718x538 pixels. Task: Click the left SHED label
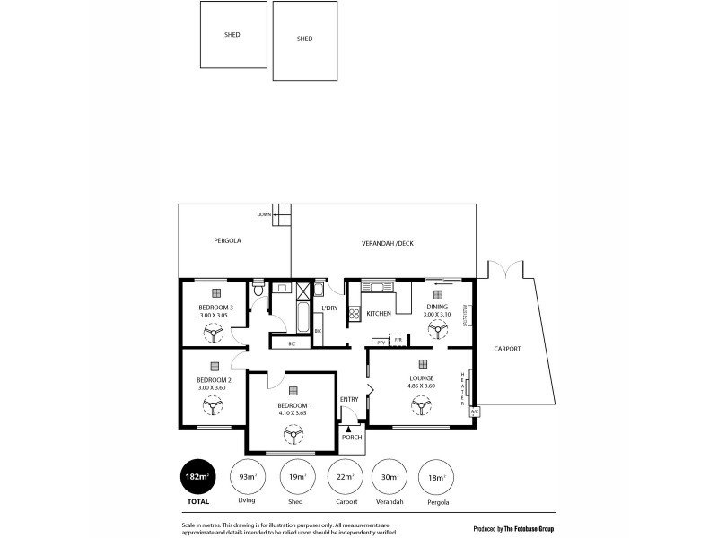232,35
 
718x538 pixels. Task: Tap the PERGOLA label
228,241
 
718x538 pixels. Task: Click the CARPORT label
507,348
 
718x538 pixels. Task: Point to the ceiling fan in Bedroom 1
293,436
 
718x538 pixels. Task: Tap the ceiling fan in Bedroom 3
215,333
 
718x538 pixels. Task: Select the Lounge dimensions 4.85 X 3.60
421,386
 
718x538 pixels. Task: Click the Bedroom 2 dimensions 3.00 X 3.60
215,386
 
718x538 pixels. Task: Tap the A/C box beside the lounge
475,412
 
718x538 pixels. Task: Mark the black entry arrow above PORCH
348,430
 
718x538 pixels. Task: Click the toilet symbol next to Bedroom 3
258,291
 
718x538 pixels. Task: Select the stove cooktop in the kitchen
354,314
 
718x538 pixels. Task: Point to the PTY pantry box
381,343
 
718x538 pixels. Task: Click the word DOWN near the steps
264,215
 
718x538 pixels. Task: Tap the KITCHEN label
379,314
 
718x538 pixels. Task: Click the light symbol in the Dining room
438,293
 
